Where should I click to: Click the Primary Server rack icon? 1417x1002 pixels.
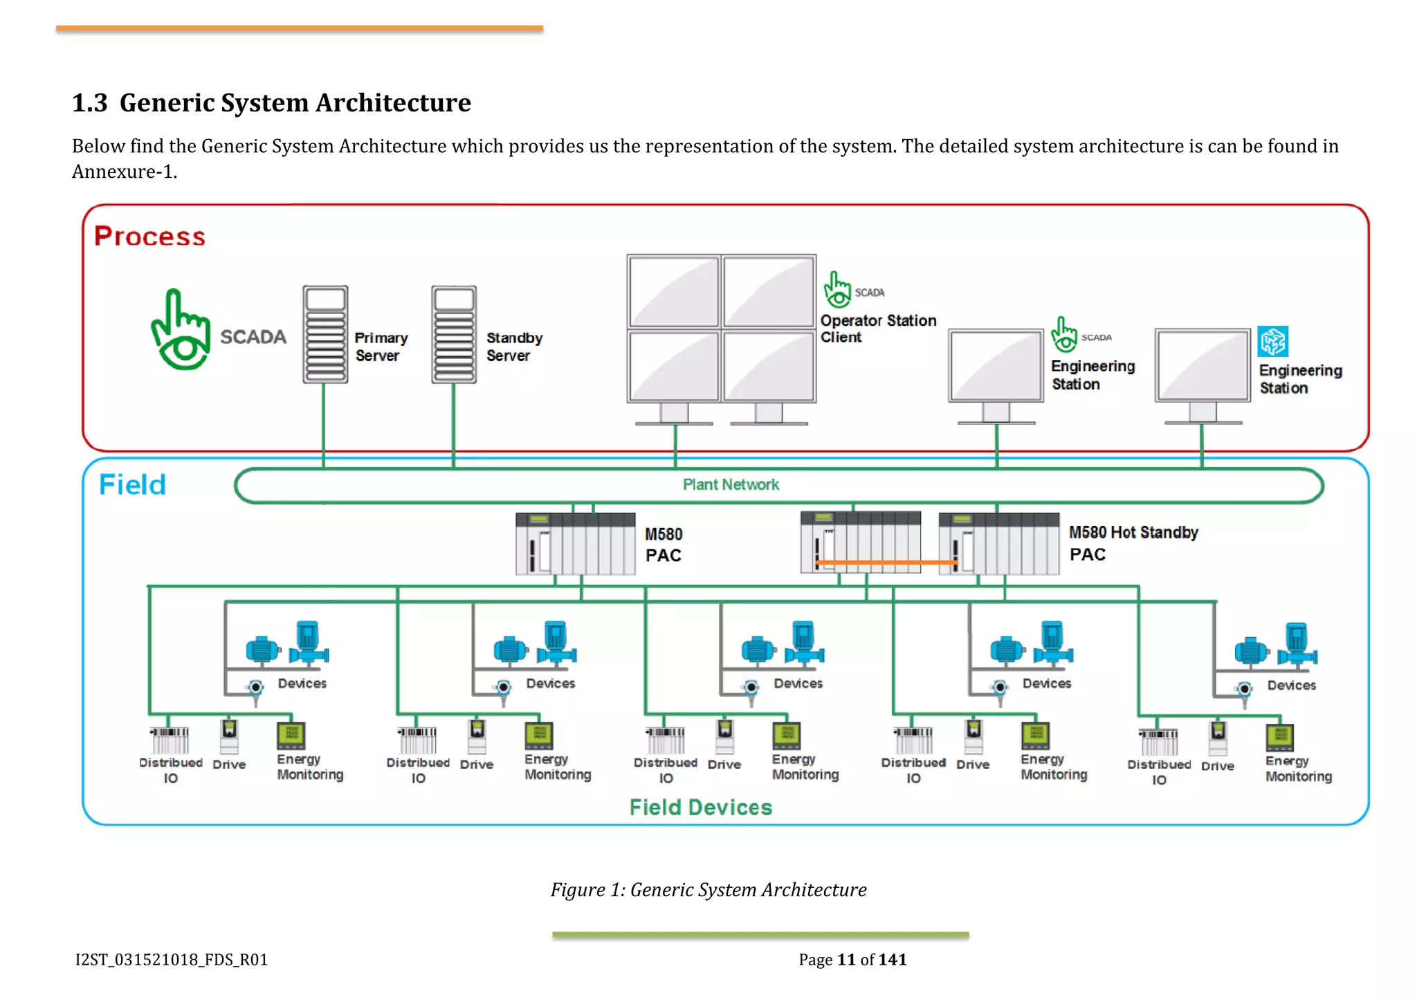[x=325, y=334]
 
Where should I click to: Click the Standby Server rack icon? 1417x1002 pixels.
[x=454, y=334]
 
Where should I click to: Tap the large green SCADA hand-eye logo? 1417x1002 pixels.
[x=181, y=330]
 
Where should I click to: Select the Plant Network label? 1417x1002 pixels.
[x=731, y=484]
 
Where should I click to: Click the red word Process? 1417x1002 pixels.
[x=149, y=236]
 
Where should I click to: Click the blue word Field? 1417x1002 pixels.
[x=132, y=484]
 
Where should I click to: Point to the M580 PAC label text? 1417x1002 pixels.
[x=663, y=545]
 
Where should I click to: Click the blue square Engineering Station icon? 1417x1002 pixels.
[x=1272, y=341]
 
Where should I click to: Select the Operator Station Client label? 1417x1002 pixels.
[x=877, y=329]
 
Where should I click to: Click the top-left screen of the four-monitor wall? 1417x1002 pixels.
[x=674, y=291]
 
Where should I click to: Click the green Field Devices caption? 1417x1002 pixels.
[x=700, y=807]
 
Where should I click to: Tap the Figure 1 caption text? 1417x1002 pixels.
[x=708, y=889]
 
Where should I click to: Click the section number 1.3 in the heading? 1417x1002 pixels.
[x=90, y=103]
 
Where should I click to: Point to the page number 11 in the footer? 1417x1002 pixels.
[x=846, y=959]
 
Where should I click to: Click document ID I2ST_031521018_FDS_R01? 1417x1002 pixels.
[x=172, y=959]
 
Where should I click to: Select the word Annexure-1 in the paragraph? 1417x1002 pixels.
[x=124, y=172]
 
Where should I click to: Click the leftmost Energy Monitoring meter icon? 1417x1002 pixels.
[x=291, y=736]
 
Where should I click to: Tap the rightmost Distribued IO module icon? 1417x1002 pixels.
[x=1159, y=742]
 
